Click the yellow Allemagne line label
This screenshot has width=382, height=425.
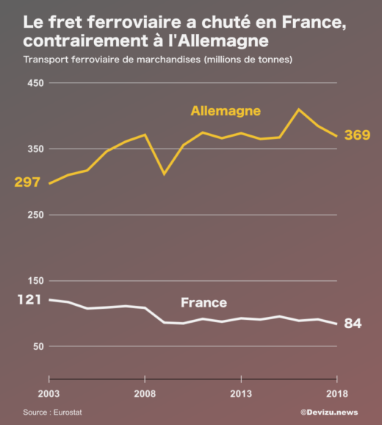(x=226, y=111)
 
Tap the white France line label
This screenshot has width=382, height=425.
(x=203, y=302)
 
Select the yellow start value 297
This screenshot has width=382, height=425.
(x=26, y=182)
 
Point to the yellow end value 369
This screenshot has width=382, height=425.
(x=357, y=135)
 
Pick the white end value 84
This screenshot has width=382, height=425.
(x=353, y=324)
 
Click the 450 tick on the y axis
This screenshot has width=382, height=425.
(x=36, y=83)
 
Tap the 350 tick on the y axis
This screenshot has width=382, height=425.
(x=36, y=149)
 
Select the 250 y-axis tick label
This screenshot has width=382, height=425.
(x=36, y=215)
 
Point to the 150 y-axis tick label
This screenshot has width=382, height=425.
(x=36, y=281)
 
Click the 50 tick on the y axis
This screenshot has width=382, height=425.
(x=38, y=346)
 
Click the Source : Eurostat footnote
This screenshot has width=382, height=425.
(x=51, y=413)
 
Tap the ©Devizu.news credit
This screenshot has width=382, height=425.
(x=328, y=413)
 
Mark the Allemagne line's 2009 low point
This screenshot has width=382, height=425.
(x=164, y=174)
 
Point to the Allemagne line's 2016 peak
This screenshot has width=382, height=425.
(x=298, y=110)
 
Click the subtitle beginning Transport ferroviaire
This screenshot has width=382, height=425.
(x=158, y=59)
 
